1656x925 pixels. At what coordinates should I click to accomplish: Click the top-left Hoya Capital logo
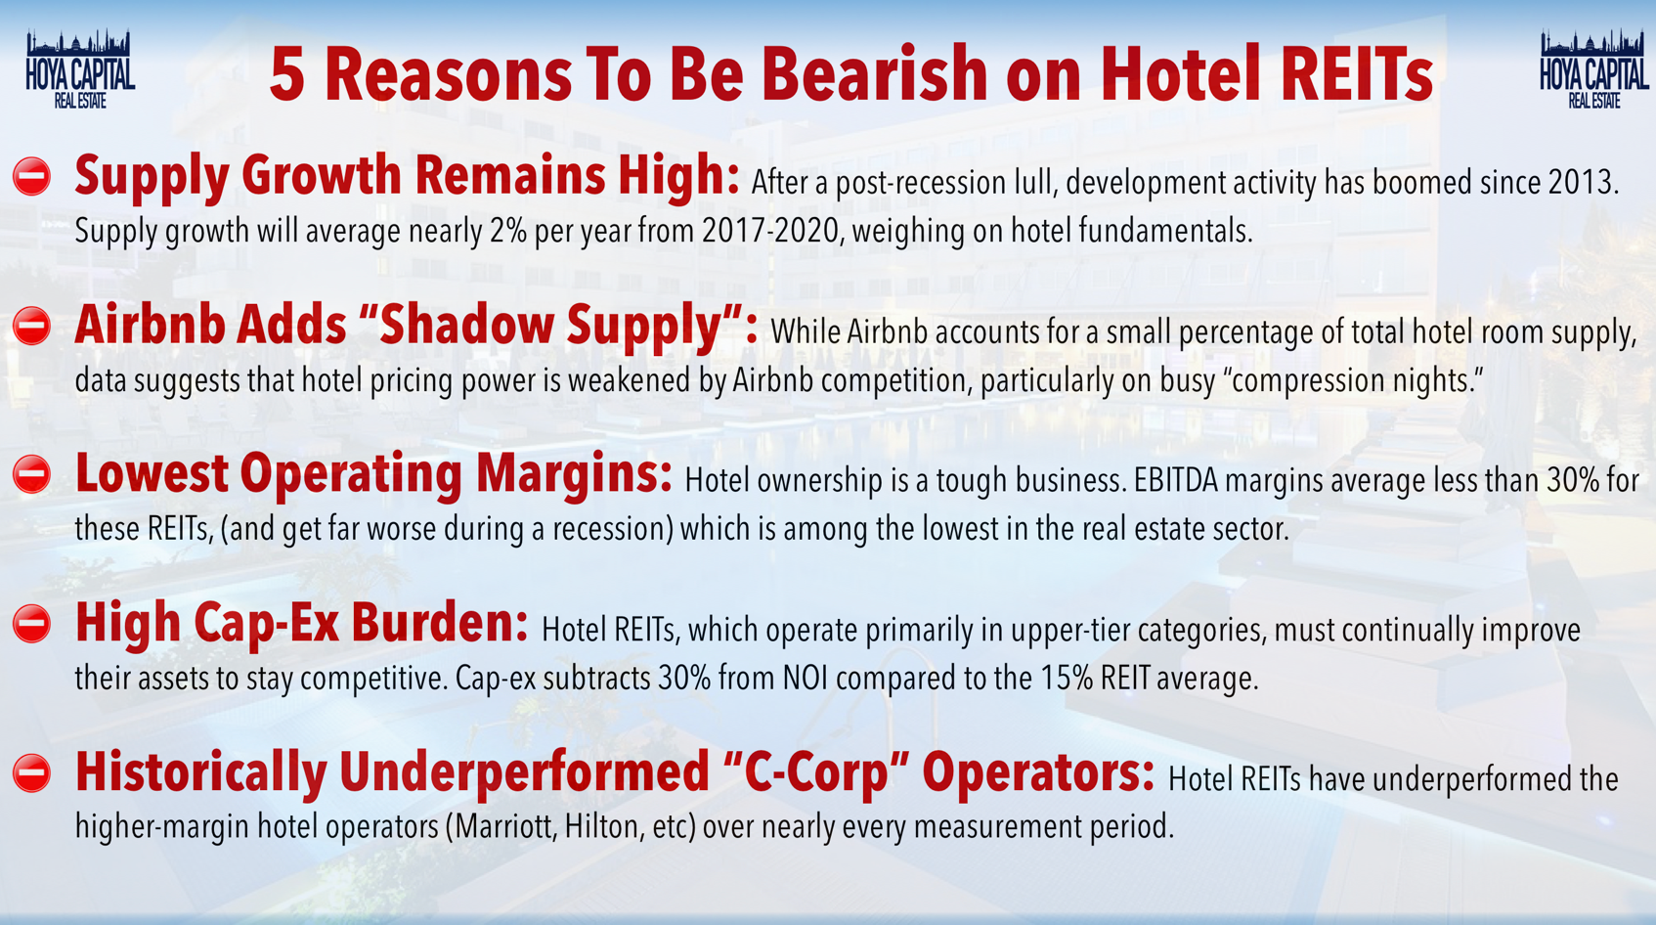point(80,69)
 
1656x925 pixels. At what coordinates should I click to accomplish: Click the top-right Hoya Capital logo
point(1593,69)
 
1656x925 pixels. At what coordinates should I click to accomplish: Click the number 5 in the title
point(286,74)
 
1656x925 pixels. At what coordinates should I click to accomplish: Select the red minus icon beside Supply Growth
point(32,177)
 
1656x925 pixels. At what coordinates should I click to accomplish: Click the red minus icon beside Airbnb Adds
point(32,326)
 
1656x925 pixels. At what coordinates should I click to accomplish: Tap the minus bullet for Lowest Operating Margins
point(32,474)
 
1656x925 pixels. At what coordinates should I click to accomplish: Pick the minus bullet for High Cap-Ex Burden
point(32,624)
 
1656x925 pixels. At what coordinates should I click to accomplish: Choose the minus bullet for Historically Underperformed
point(32,773)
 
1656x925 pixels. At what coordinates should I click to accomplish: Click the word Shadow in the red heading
point(464,326)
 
